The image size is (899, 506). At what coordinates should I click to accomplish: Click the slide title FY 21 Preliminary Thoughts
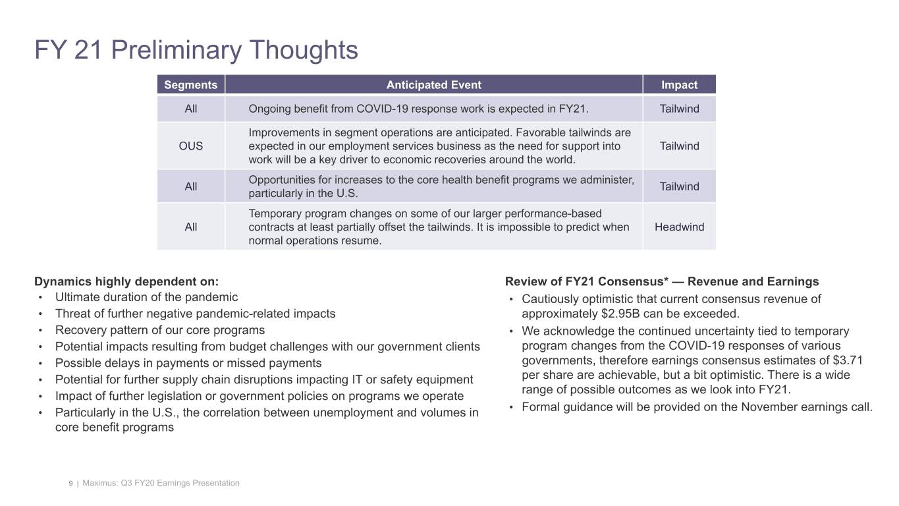click(x=196, y=50)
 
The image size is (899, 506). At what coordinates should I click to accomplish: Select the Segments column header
click(x=190, y=85)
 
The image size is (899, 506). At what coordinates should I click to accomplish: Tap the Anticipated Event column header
click(x=433, y=85)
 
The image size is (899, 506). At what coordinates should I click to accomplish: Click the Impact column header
click(x=679, y=85)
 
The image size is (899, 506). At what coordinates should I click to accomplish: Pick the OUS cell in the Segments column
click(x=190, y=146)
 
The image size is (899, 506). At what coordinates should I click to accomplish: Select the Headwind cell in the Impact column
click(x=679, y=227)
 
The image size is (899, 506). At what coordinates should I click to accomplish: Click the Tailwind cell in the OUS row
click(x=679, y=146)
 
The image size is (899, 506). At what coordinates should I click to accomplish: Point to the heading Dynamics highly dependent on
click(x=126, y=281)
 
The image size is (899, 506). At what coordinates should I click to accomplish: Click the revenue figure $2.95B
click(x=612, y=314)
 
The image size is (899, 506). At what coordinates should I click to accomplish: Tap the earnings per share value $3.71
click(x=848, y=360)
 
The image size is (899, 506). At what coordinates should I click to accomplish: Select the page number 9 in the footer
click(x=70, y=484)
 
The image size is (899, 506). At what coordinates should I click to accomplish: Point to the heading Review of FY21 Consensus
click(x=662, y=281)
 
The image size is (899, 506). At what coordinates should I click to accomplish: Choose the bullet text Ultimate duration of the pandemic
click(x=146, y=297)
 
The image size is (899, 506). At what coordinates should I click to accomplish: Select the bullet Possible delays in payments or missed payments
click(x=188, y=363)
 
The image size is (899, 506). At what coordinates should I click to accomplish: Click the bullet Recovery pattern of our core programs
click(x=160, y=330)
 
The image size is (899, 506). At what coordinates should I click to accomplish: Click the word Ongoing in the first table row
click(x=268, y=109)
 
